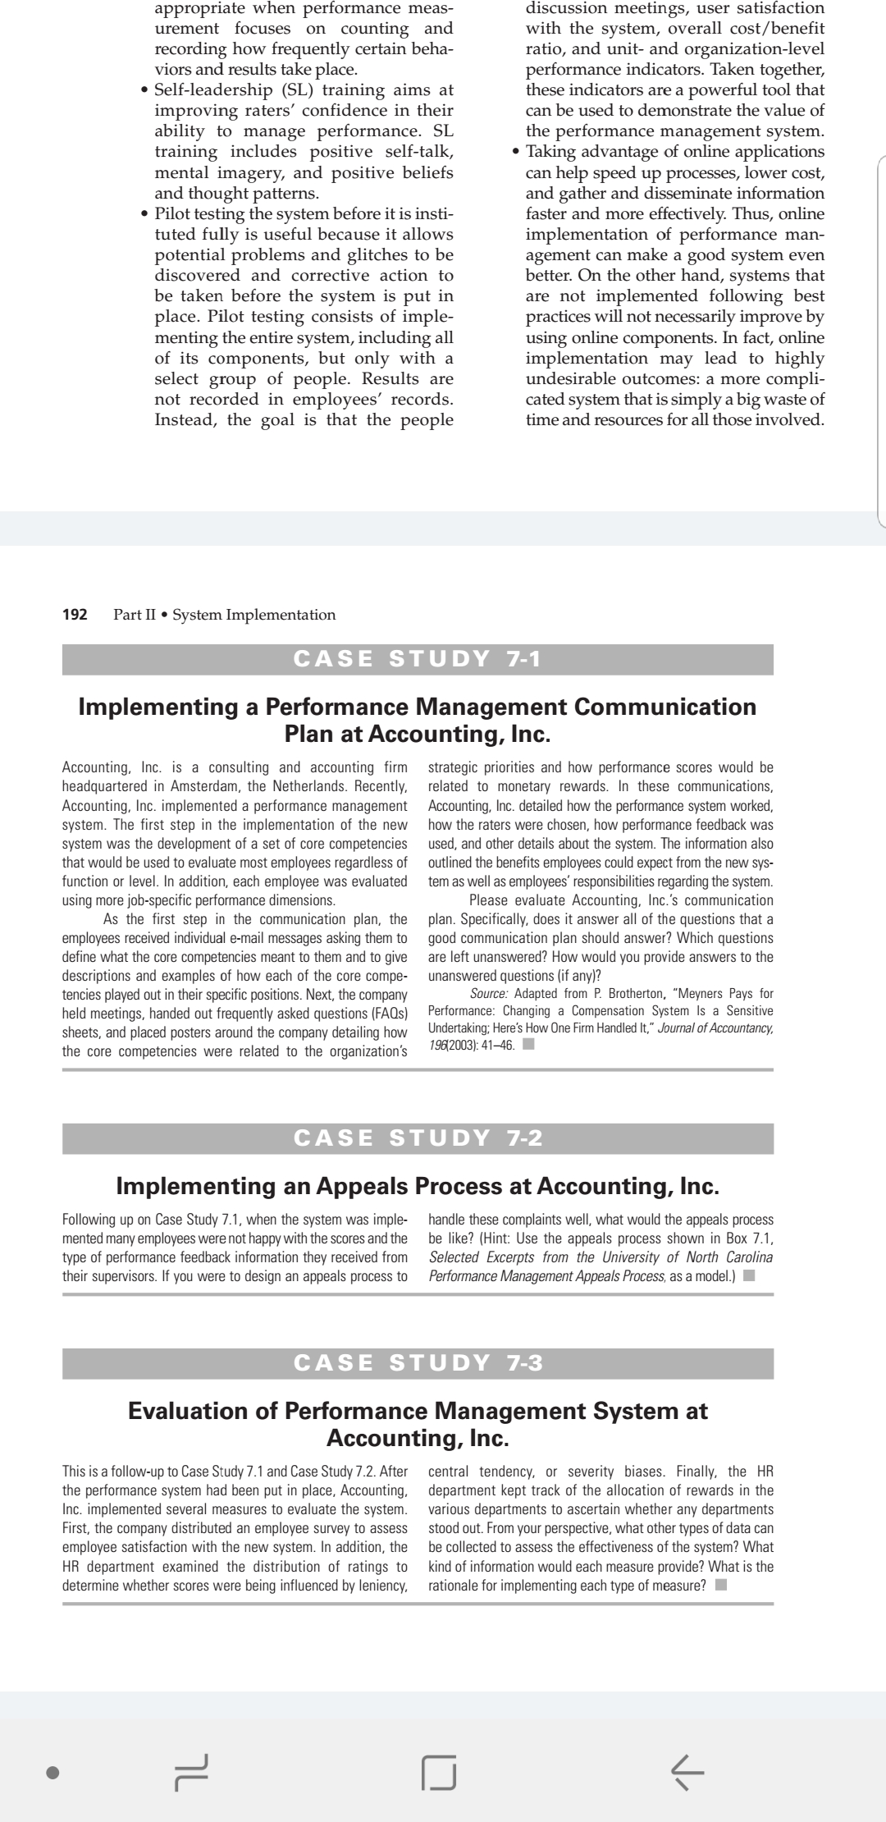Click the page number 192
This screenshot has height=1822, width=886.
(x=75, y=615)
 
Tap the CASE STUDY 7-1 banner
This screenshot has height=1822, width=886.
(x=418, y=659)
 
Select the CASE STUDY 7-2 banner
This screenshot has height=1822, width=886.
(x=418, y=1138)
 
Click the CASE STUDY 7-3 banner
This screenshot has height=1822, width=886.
(x=418, y=1363)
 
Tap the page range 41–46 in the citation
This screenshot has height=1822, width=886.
(x=491, y=1046)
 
